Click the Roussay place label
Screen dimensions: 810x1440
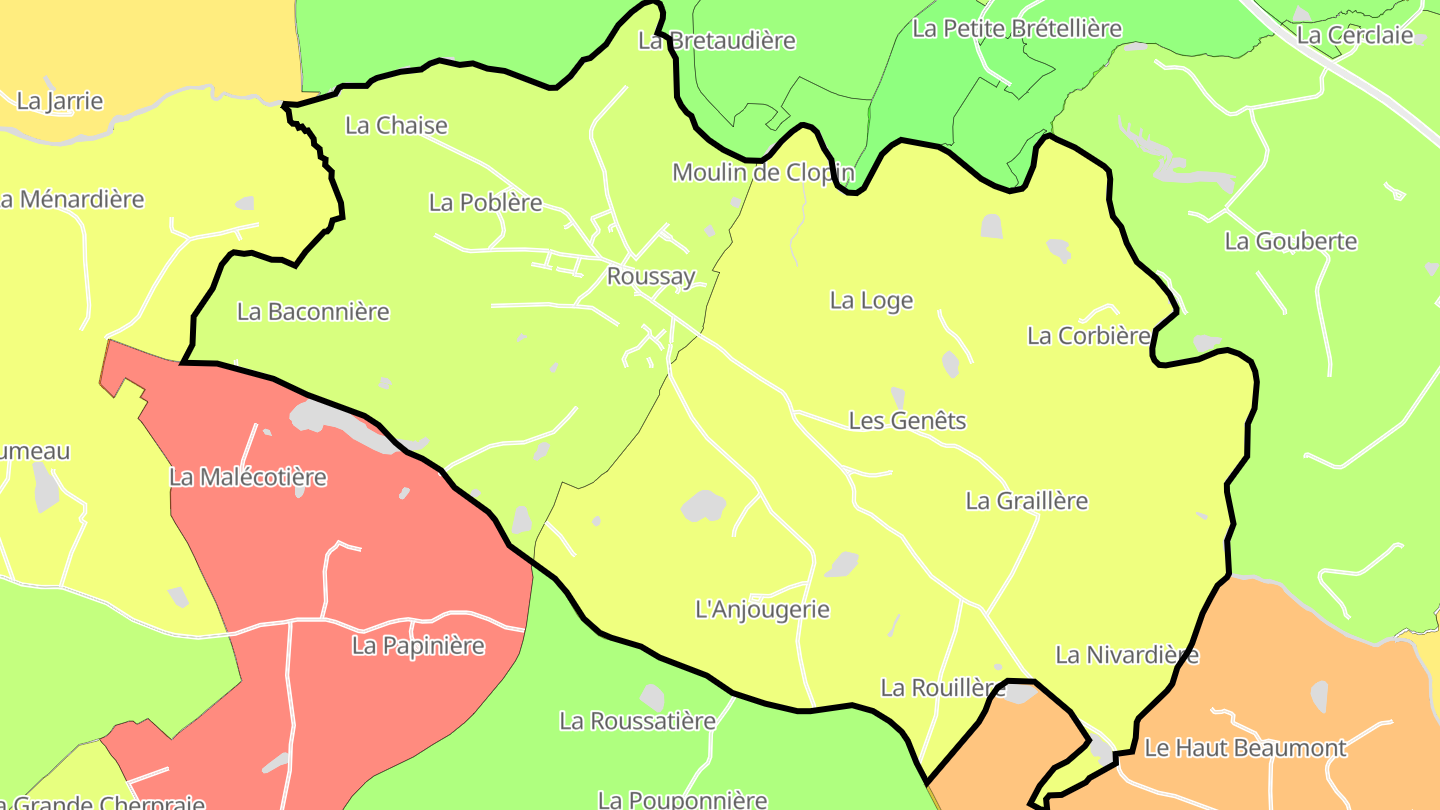[651, 277]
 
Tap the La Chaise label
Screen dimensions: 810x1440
[396, 126]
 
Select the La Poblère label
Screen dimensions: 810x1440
[485, 203]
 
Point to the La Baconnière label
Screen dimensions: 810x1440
[313, 312]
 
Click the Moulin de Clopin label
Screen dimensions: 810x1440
[763, 173]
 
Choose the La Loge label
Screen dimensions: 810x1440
[871, 301]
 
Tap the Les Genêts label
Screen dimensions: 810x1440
[907, 421]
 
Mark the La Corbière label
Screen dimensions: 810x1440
[1088, 336]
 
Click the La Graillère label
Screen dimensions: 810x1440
[1026, 501]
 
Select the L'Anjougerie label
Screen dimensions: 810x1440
[762, 609]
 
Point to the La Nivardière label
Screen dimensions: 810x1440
[1127, 655]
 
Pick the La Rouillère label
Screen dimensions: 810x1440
[942, 688]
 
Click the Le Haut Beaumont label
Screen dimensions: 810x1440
[1245, 748]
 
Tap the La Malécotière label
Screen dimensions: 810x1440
[248, 478]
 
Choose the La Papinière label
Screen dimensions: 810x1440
[418, 646]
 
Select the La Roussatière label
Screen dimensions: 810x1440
[637, 721]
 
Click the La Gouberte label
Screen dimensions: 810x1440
[1290, 242]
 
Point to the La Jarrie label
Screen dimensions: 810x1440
[60, 102]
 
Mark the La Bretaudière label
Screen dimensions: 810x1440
[716, 41]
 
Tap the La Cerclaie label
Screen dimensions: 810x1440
[1354, 36]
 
